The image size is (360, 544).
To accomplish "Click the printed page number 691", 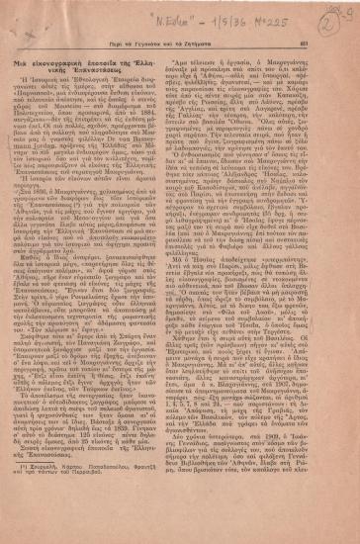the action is click(334, 41).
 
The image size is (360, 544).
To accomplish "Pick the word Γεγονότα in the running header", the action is click(155, 41).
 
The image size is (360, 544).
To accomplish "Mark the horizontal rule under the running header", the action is click(180, 48).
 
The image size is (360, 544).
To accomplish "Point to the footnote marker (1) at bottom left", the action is click(27, 509).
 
